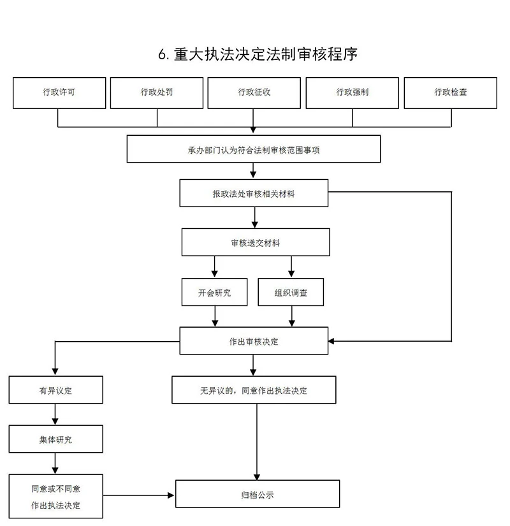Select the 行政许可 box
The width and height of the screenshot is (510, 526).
[x=59, y=92]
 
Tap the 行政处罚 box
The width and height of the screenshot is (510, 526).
[x=157, y=92]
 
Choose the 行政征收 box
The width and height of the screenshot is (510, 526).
[x=254, y=92]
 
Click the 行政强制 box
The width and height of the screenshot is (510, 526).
[x=353, y=92]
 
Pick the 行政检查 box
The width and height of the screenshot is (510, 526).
[x=451, y=92]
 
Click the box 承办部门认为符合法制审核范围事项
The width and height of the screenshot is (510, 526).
[x=254, y=149]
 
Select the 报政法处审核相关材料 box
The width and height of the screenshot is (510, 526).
[x=254, y=193]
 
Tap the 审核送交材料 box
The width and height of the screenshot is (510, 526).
[x=256, y=243]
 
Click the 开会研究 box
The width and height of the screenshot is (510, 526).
[x=214, y=293]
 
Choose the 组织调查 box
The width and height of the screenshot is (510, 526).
[x=291, y=293]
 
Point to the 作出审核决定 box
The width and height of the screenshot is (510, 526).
[x=254, y=341]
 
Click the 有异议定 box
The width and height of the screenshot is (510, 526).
[x=55, y=390]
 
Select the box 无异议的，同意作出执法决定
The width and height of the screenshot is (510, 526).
[x=254, y=390]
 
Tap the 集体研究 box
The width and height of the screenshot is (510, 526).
[x=55, y=439]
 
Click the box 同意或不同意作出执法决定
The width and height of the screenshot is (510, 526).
[x=55, y=496]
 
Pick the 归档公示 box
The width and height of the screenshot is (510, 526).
[x=257, y=494]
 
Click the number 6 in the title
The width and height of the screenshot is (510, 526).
[x=163, y=55]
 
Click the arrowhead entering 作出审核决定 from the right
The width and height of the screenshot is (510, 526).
[x=333, y=341]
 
